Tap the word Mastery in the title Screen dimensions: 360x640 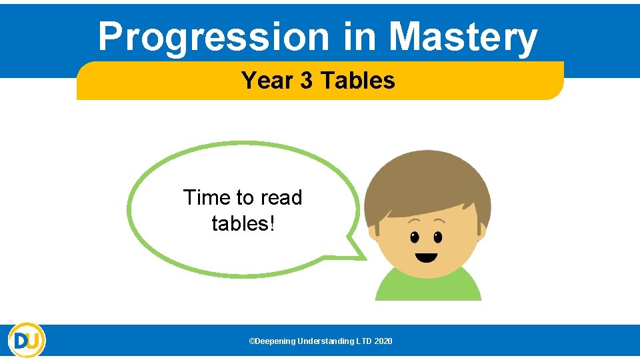[463, 37]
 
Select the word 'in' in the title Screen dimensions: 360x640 [359, 37]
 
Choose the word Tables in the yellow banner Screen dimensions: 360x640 [358, 81]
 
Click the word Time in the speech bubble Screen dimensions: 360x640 [207, 198]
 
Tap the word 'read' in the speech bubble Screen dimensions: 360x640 [281, 198]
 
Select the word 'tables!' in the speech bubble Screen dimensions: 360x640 [243, 223]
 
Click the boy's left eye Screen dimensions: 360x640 [415, 237]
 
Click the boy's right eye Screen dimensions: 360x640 [437, 237]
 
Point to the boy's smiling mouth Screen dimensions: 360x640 [426, 257]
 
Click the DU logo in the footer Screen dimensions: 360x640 [27, 340]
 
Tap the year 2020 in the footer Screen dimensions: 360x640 [383, 341]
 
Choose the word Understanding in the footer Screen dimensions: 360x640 [326, 341]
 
